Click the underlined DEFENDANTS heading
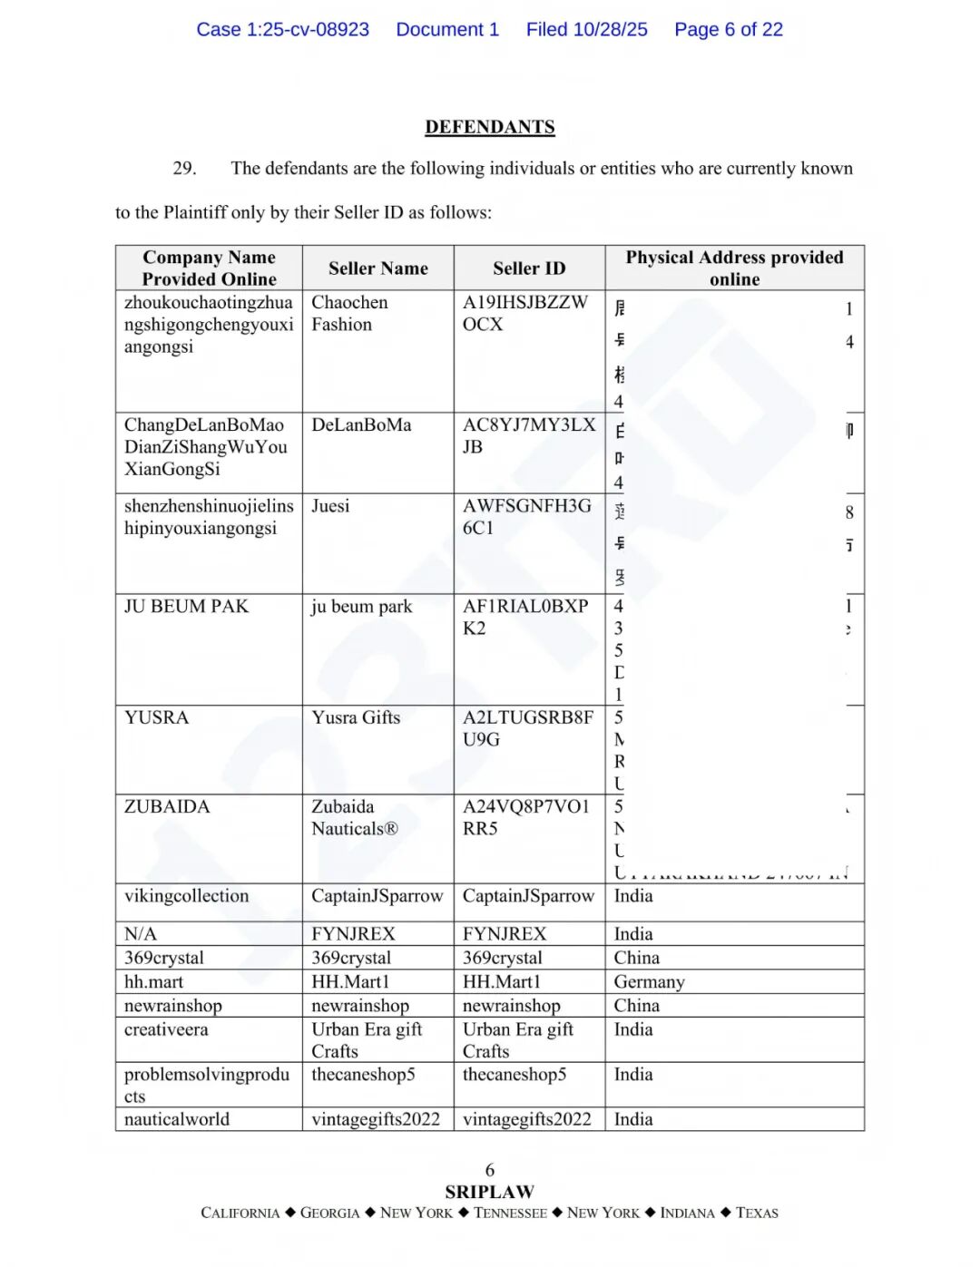point(489,127)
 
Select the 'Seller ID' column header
point(529,268)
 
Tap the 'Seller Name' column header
point(377,268)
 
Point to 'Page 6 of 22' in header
point(728,30)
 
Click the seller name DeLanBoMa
point(361,425)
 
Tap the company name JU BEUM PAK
point(186,607)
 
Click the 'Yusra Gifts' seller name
point(356,718)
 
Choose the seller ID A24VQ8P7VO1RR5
point(525,817)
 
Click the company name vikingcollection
point(186,896)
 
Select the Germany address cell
point(649,982)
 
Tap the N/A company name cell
point(141,934)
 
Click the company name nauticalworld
point(177,1120)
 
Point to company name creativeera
point(166,1030)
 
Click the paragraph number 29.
point(184,169)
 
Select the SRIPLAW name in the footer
point(489,1192)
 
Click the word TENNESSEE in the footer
point(510,1213)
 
